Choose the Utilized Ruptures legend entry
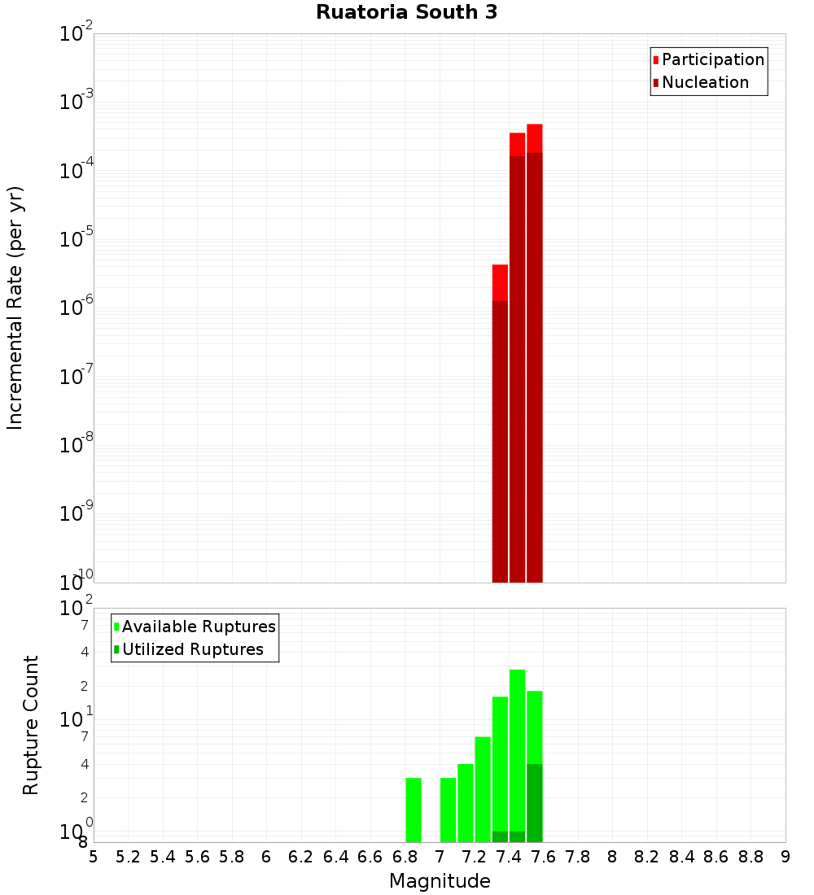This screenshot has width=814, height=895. point(192,649)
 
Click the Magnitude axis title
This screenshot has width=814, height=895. point(440,881)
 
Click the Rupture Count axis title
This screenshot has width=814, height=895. point(31,725)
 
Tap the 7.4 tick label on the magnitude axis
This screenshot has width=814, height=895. point(509,857)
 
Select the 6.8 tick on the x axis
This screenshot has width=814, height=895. point(405,857)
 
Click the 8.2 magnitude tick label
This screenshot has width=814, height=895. point(647,857)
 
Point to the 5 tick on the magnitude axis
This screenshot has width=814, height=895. point(94,857)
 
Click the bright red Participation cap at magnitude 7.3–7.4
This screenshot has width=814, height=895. point(500,282)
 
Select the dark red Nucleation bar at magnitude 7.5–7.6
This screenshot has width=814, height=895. point(535,366)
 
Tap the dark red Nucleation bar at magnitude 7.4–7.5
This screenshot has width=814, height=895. point(517,366)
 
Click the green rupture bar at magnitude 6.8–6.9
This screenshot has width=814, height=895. point(414,810)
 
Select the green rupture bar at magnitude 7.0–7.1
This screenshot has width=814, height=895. point(448,810)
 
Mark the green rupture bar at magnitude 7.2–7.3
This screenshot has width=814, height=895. point(483,789)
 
